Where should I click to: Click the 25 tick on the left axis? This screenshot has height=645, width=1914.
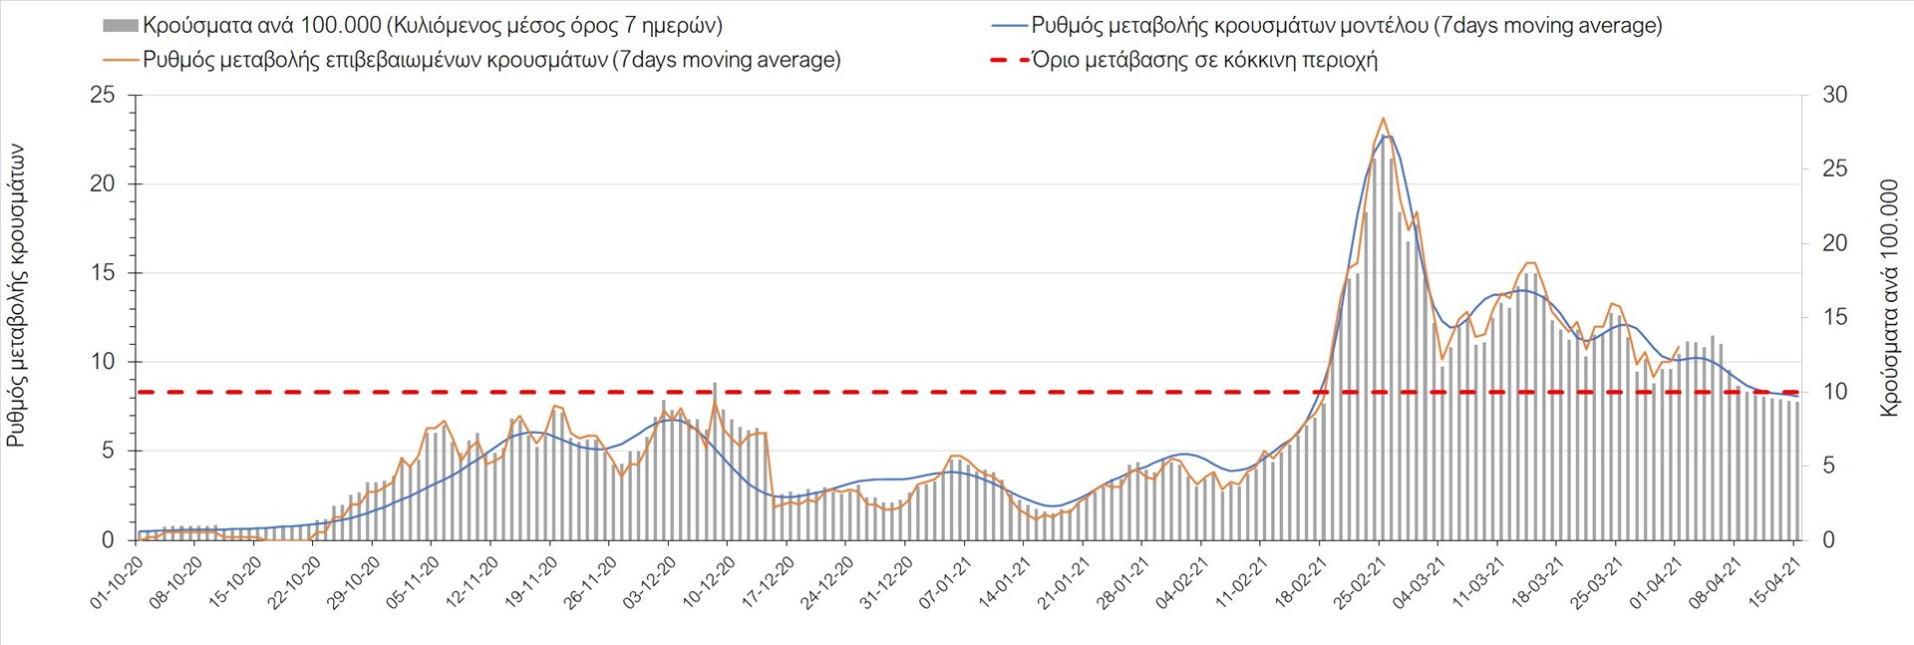click(x=102, y=96)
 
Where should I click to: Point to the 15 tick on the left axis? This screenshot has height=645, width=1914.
click(x=102, y=273)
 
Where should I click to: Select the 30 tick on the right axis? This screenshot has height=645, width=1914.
click(x=1834, y=96)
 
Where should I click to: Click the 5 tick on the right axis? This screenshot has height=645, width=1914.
click(x=1828, y=466)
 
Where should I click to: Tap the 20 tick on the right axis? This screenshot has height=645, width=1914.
click(x=1834, y=243)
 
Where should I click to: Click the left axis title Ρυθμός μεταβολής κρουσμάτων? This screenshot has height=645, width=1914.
click(x=16, y=295)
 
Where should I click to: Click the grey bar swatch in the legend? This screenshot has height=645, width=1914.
click(x=120, y=25)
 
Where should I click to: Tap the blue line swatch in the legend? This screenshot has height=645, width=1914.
click(x=1008, y=25)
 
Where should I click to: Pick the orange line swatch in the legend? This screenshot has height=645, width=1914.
click(x=120, y=60)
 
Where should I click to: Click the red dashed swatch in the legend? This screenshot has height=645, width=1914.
click(x=1008, y=60)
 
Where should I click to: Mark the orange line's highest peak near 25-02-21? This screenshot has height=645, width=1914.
click(x=1382, y=119)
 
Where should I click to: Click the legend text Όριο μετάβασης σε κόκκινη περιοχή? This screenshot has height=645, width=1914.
click(x=1204, y=60)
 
